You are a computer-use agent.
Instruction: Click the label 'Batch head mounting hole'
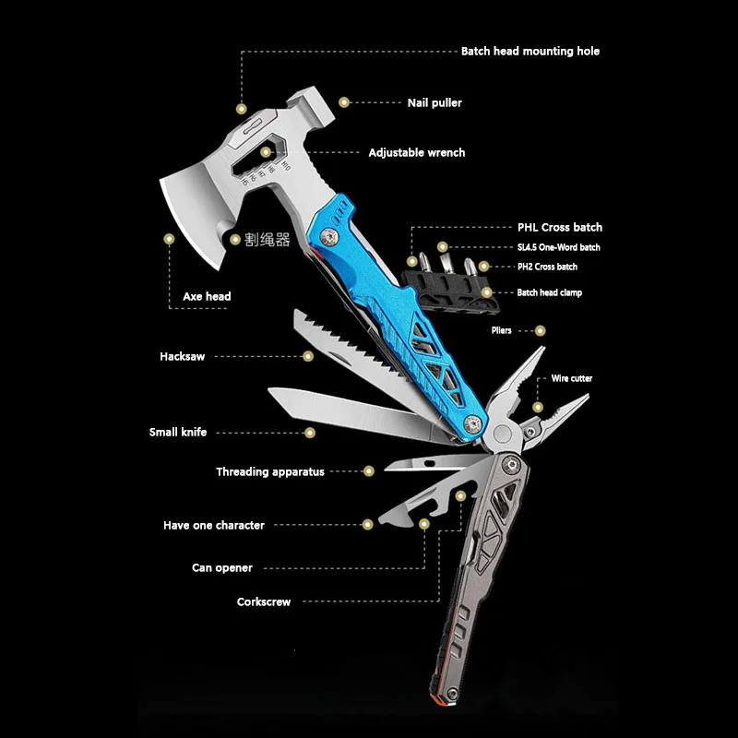(x=530, y=52)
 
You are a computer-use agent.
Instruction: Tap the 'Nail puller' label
(x=434, y=102)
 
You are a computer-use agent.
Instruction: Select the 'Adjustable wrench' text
(x=417, y=152)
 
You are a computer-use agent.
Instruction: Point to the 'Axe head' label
(x=207, y=296)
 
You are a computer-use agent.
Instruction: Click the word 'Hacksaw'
(x=182, y=356)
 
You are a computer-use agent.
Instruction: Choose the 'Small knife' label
(x=178, y=432)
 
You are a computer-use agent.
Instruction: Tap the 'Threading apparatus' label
(x=270, y=471)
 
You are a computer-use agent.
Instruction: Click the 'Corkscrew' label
(x=264, y=601)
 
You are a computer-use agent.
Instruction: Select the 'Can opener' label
(x=222, y=567)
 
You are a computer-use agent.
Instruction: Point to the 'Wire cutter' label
(x=571, y=378)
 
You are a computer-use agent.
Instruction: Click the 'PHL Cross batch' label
(x=560, y=227)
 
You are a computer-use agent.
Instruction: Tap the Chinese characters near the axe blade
(x=267, y=240)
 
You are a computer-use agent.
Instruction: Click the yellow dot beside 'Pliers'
(x=541, y=331)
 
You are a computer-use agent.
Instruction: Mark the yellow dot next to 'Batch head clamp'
(x=487, y=292)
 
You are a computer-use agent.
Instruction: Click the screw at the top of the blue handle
(x=329, y=236)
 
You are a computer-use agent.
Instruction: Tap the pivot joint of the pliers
(x=502, y=434)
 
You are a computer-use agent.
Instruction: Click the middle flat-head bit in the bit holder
(x=446, y=264)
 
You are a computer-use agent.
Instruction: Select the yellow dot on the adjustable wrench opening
(x=266, y=152)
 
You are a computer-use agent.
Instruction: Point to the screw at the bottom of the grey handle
(x=452, y=694)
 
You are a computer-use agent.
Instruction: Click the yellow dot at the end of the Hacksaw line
(x=308, y=356)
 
